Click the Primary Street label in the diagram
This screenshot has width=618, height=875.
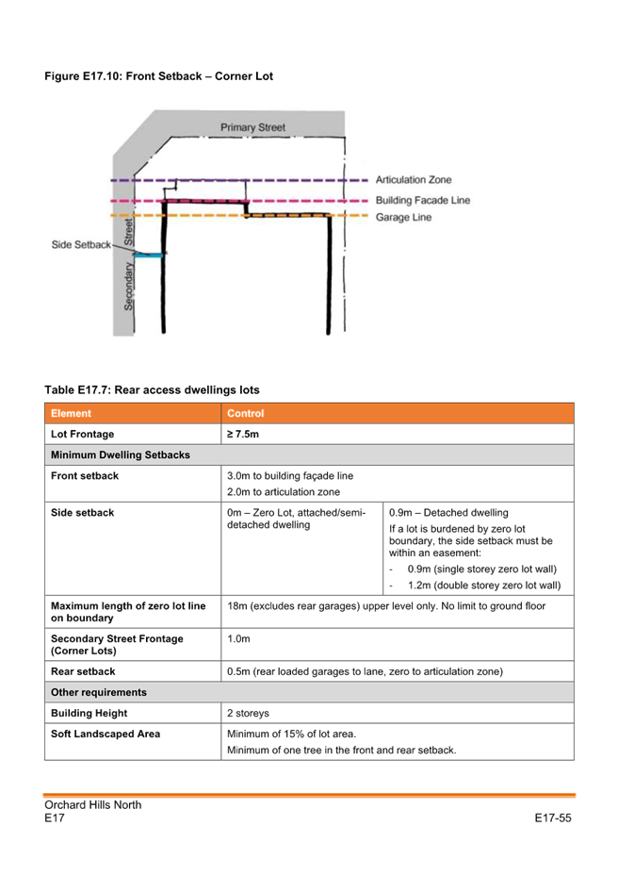click(252, 127)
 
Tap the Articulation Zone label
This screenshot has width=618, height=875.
click(414, 180)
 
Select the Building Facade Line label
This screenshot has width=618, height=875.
click(423, 200)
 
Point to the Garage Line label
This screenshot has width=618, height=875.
click(403, 217)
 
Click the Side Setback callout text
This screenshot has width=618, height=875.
click(81, 244)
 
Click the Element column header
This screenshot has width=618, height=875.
click(71, 414)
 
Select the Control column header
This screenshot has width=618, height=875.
click(246, 414)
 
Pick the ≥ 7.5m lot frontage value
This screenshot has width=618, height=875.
click(243, 434)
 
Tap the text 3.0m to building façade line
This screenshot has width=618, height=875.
click(290, 476)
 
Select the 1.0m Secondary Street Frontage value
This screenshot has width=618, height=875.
click(238, 639)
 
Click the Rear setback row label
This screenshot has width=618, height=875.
click(83, 671)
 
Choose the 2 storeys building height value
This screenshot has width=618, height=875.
click(248, 713)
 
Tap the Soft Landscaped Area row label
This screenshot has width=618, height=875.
click(106, 734)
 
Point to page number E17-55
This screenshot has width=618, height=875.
click(553, 818)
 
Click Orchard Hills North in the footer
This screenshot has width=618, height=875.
click(93, 804)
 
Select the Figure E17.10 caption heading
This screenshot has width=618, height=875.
click(159, 75)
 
